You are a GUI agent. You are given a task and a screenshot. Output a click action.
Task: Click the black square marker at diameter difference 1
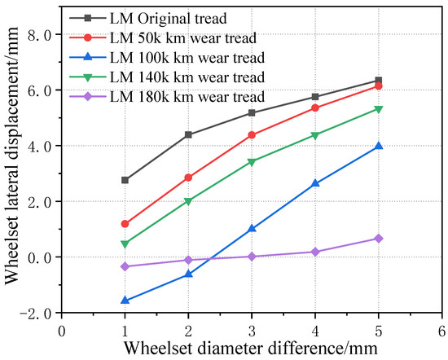click(x=125, y=180)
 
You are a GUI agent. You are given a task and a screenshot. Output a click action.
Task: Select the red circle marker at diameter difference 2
click(x=188, y=178)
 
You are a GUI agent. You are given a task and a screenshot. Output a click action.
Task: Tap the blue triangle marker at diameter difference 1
click(x=125, y=301)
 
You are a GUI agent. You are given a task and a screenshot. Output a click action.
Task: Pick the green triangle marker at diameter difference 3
click(x=252, y=162)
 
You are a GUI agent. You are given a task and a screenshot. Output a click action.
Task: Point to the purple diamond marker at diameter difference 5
click(x=378, y=239)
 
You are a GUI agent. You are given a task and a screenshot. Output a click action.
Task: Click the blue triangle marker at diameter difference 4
click(x=314, y=183)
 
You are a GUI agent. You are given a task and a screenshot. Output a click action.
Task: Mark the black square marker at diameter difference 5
click(x=378, y=81)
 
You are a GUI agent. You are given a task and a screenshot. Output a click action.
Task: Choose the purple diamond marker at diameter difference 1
click(x=125, y=266)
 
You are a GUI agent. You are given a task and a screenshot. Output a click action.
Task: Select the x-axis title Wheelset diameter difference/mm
click(x=252, y=348)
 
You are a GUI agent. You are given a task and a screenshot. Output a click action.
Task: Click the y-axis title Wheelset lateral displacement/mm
click(x=12, y=173)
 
